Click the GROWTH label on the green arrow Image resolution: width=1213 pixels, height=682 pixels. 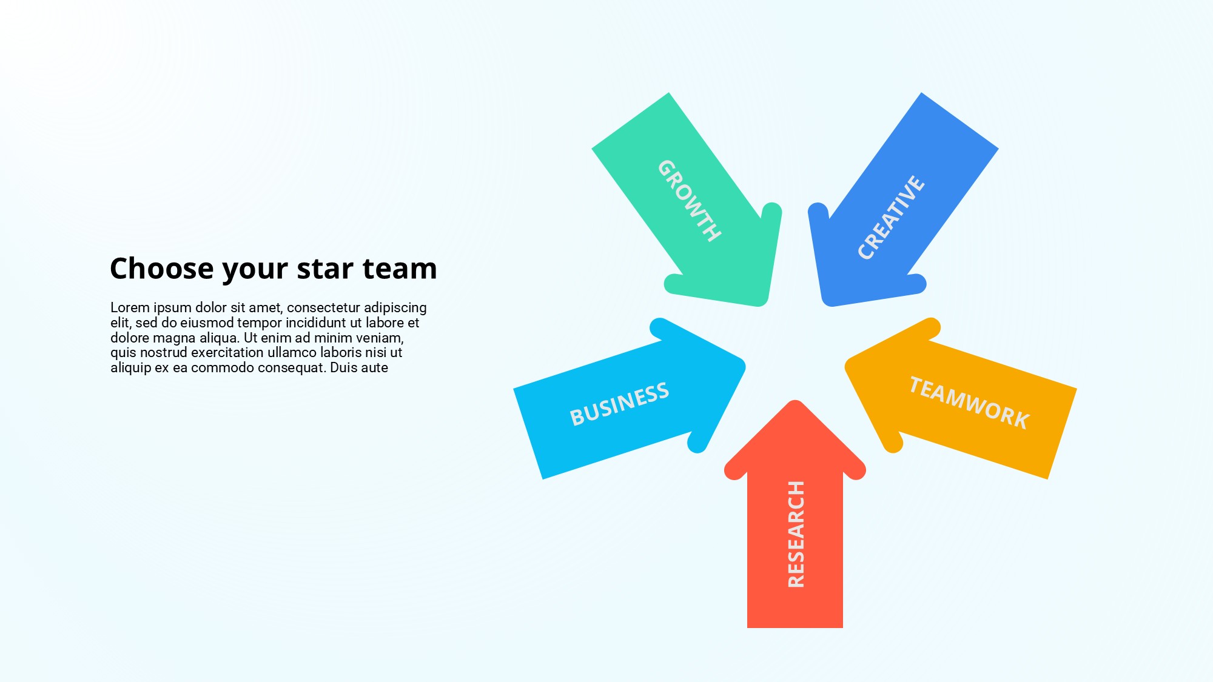(x=690, y=201)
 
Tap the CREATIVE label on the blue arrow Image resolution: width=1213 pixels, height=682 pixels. (x=891, y=218)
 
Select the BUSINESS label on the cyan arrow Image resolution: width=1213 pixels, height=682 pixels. (x=619, y=404)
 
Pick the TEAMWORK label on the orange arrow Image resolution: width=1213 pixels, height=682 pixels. (x=969, y=403)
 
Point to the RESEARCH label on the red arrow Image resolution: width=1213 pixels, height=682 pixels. (x=796, y=534)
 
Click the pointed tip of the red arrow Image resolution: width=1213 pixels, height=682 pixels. (x=795, y=401)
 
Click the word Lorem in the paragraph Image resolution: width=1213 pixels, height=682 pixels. (x=130, y=308)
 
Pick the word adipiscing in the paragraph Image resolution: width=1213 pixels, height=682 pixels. (x=395, y=309)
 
